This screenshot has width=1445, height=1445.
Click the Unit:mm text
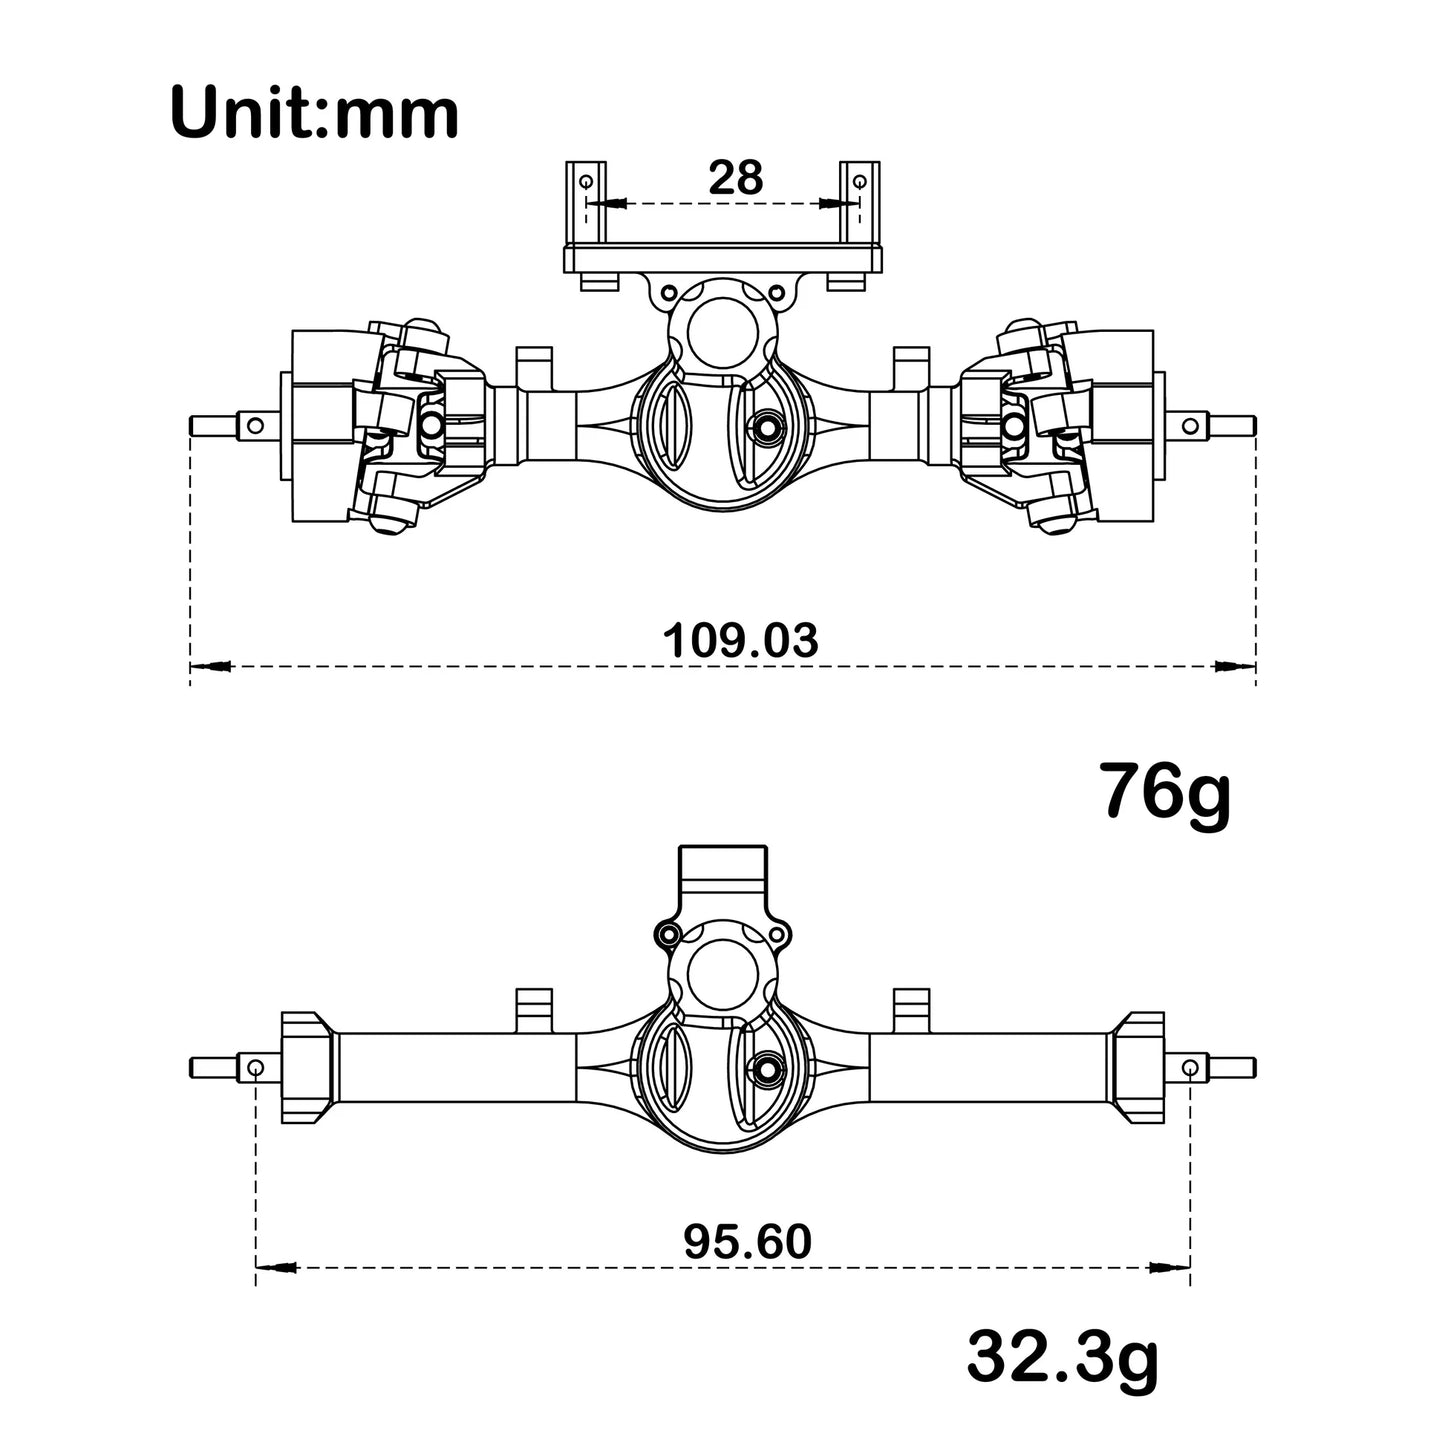point(314,112)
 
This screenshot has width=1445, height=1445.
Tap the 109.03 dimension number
point(740,640)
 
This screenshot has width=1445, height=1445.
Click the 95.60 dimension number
point(747,1242)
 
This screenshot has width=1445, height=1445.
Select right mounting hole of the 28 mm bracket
point(858,181)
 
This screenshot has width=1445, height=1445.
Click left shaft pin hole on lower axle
point(256,1069)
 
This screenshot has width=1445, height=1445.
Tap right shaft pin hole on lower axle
point(1189,1069)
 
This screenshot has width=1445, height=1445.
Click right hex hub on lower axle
point(1138,1068)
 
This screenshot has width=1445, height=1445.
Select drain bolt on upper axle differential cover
point(767,425)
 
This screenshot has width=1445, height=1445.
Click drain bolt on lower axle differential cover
point(767,1067)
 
